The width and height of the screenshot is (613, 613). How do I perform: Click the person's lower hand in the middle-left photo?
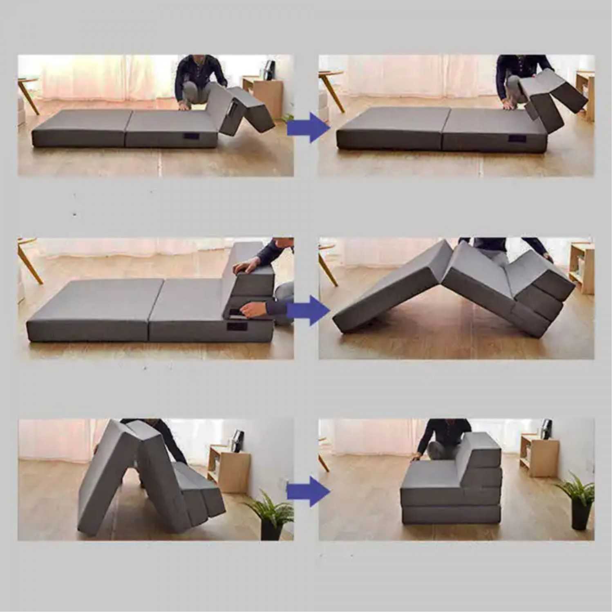(x=253, y=310)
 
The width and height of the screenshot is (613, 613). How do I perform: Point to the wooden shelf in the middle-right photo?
(x=582, y=268)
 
